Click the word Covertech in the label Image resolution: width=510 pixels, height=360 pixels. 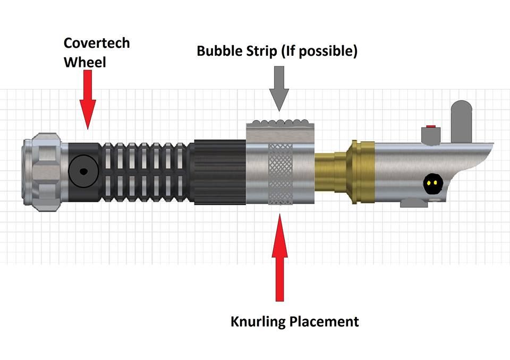point(96,43)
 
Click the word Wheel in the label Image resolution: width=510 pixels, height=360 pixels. point(85,62)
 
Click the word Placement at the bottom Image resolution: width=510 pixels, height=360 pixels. point(327,321)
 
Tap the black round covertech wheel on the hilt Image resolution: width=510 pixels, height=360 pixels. point(83,172)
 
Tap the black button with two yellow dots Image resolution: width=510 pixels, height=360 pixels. point(431,184)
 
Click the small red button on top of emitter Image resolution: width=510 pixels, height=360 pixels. point(431,127)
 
